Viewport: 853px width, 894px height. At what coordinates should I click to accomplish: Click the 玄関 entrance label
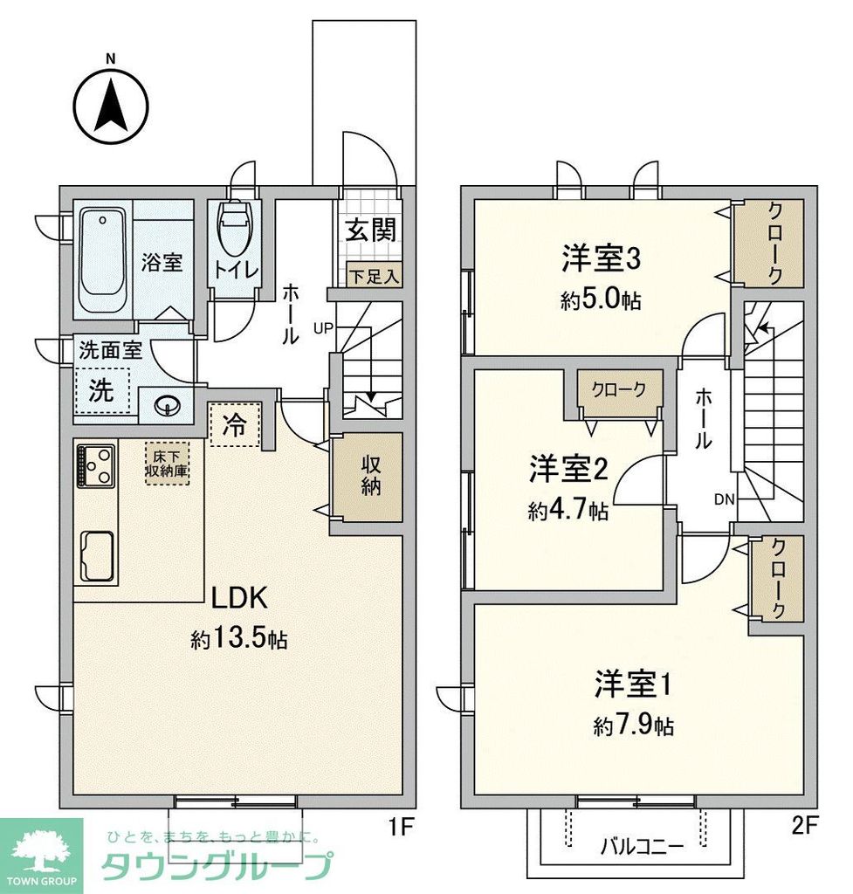370,230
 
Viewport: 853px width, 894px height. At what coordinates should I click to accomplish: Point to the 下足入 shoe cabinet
374,276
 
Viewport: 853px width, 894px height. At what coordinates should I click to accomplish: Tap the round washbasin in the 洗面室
167,404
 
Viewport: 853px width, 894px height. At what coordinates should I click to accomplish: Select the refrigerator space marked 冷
235,424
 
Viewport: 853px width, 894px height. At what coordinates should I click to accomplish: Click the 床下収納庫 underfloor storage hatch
166,462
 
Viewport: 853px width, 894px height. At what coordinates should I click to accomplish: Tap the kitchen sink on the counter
97,555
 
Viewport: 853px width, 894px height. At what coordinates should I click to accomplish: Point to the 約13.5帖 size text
239,639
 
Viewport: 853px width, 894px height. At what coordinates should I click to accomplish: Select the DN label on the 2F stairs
724,499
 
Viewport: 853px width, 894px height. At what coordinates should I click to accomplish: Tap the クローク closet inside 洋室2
619,390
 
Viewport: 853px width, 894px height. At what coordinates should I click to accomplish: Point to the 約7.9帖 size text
633,726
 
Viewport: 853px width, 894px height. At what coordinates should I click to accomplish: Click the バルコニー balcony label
642,845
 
